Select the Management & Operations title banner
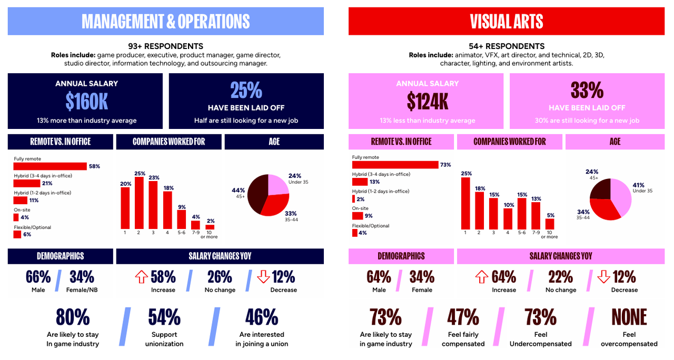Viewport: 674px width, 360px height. tap(165, 21)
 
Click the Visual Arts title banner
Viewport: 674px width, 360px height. tap(506, 21)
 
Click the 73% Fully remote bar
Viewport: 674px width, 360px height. tap(395, 165)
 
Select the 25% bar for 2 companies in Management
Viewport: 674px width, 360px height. tap(140, 202)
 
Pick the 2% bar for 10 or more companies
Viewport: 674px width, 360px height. tap(210, 227)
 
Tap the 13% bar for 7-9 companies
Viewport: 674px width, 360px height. tap(536, 216)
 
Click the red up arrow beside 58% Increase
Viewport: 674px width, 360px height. tap(141, 277)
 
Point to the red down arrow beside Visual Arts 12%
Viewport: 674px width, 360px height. tap(603, 277)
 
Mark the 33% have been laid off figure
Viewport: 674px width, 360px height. tap(587, 91)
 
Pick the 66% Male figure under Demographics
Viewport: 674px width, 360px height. tap(38, 277)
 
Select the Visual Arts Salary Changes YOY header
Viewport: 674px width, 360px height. tap(560, 256)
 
